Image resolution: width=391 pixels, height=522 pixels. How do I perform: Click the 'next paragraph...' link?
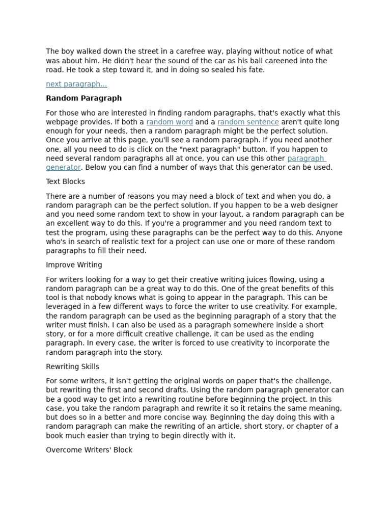(76, 84)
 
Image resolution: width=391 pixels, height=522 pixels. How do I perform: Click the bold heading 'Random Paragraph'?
(83, 98)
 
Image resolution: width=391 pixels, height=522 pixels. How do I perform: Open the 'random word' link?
(170, 122)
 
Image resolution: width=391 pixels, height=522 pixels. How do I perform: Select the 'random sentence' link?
(248, 122)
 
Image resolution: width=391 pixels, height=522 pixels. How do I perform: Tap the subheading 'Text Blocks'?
(65, 181)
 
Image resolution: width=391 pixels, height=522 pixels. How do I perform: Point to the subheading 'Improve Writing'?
(74, 265)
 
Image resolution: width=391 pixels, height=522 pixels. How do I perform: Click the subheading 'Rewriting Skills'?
(72, 367)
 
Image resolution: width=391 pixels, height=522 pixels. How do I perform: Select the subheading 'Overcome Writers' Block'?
(89, 450)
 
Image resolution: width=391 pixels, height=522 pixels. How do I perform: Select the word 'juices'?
(254, 279)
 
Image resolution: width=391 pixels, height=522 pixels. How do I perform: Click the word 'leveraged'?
(64, 306)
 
